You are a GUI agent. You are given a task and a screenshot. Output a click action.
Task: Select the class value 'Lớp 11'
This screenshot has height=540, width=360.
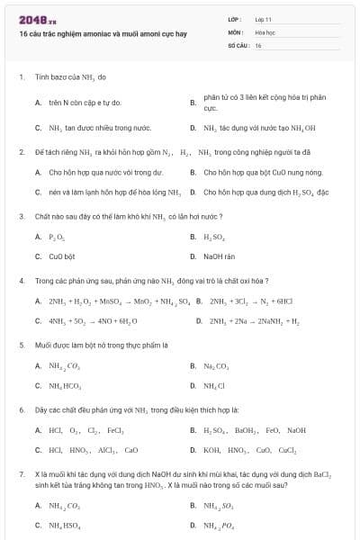[263, 19]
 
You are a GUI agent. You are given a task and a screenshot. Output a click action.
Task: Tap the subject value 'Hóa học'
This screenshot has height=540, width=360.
[265, 31]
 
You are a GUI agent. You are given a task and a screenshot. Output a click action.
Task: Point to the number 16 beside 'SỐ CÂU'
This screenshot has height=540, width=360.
[258, 44]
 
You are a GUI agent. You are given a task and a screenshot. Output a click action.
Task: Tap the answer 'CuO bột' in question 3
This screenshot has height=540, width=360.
[61, 256]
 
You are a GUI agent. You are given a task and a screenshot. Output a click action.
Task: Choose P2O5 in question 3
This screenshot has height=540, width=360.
[57, 237]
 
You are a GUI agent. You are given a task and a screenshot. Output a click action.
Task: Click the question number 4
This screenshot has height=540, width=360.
[21, 280]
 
